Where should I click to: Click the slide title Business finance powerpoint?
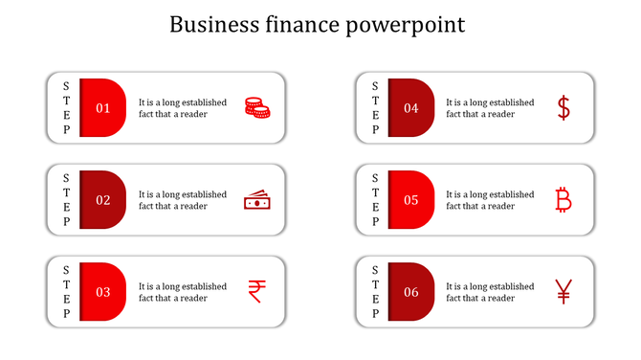coord(318,24)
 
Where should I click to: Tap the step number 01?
coord(103,108)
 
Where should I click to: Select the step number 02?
coord(103,200)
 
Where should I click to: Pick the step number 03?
coord(103,292)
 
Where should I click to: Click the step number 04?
coord(411,108)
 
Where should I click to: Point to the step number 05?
coord(411,200)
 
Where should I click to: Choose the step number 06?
coord(411,292)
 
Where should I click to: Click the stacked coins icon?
coord(256,108)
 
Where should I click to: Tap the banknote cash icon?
coord(256,201)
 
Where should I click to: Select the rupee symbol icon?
coord(256,291)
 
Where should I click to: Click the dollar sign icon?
coord(564,108)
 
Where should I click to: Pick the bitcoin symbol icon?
coord(564,200)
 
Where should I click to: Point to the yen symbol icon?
coord(564,291)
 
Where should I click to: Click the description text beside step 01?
coord(183,108)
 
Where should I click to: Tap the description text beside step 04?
coord(490,108)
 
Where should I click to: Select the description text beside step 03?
coord(183,292)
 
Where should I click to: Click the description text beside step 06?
coord(490,292)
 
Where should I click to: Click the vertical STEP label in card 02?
coord(66,200)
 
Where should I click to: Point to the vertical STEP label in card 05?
coord(375,200)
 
